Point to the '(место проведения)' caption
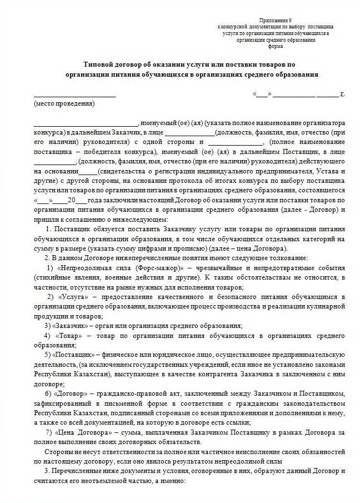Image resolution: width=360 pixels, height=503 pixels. [x=64, y=103]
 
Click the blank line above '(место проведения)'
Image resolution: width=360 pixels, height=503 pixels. [x=74, y=96]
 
